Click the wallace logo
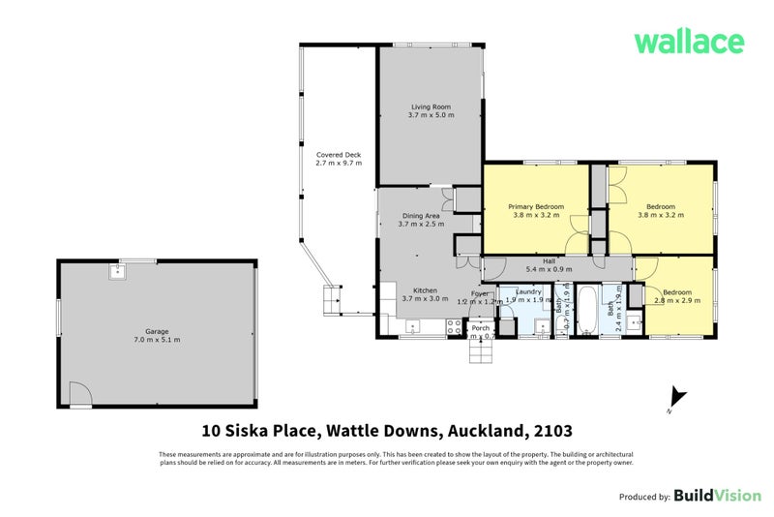(x=688, y=42)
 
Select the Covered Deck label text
(x=338, y=155)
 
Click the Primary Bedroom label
(x=535, y=206)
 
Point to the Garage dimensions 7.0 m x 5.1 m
(x=157, y=340)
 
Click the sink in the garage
(x=116, y=270)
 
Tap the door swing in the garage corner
(x=81, y=394)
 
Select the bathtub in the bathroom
(x=587, y=310)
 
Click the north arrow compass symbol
(x=677, y=398)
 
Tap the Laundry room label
(x=527, y=290)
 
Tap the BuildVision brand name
(x=717, y=495)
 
